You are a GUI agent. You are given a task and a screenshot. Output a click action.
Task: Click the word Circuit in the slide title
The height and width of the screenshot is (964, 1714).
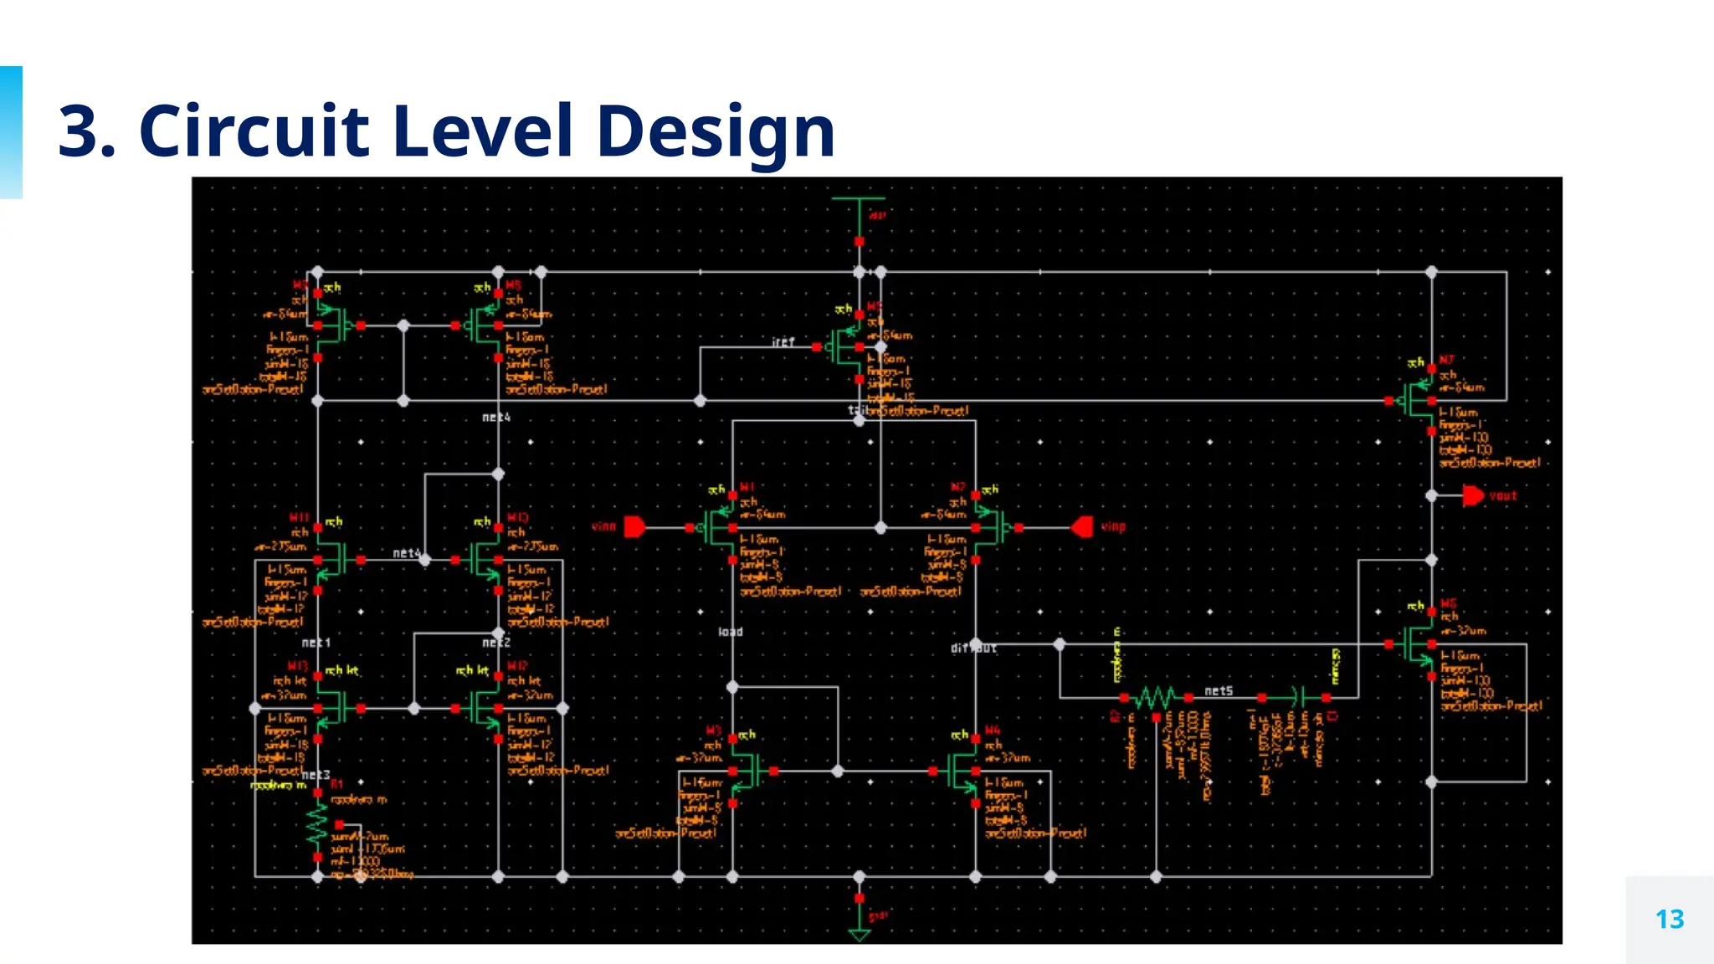pyautogui.click(x=254, y=131)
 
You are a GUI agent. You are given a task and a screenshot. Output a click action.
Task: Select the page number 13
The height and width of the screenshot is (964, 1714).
pyautogui.click(x=1669, y=920)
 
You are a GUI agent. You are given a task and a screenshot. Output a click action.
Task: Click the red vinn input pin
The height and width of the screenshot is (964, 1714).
pyautogui.click(x=634, y=527)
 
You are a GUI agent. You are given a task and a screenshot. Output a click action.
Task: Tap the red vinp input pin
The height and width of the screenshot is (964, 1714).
pyautogui.click(x=1082, y=527)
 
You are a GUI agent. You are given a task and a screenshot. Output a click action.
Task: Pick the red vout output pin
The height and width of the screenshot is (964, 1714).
pyautogui.click(x=1473, y=495)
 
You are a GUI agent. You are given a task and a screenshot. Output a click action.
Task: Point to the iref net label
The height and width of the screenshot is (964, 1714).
pyautogui.click(x=783, y=342)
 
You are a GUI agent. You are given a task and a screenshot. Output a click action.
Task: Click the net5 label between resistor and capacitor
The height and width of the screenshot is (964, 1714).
pyautogui.click(x=1219, y=690)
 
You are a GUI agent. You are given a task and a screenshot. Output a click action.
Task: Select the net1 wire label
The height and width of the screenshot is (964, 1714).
pyautogui.click(x=316, y=643)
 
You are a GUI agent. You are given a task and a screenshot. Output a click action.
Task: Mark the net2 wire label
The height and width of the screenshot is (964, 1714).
pyautogui.click(x=496, y=643)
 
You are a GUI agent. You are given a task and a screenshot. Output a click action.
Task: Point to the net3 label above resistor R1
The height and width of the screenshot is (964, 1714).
pyautogui.click(x=316, y=775)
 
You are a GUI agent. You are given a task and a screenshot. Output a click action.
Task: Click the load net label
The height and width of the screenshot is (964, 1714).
pyautogui.click(x=731, y=632)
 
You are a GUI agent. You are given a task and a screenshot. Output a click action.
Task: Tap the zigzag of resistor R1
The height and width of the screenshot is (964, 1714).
pyautogui.click(x=317, y=823)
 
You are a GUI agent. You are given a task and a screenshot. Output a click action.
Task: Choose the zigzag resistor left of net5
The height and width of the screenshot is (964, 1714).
pyautogui.click(x=1155, y=697)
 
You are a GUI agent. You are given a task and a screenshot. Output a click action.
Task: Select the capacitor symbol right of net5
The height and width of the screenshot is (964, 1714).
pyautogui.click(x=1298, y=696)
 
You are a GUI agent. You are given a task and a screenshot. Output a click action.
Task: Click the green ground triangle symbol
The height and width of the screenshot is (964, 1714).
pyautogui.click(x=860, y=934)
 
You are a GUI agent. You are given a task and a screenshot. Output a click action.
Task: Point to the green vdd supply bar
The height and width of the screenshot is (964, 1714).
pyautogui.click(x=859, y=199)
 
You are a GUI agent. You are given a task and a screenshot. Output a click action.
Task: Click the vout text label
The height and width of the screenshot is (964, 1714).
pyautogui.click(x=1503, y=495)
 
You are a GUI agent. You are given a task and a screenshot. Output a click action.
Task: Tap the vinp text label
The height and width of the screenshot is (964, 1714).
pyautogui.click(x=1113, y=527)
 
